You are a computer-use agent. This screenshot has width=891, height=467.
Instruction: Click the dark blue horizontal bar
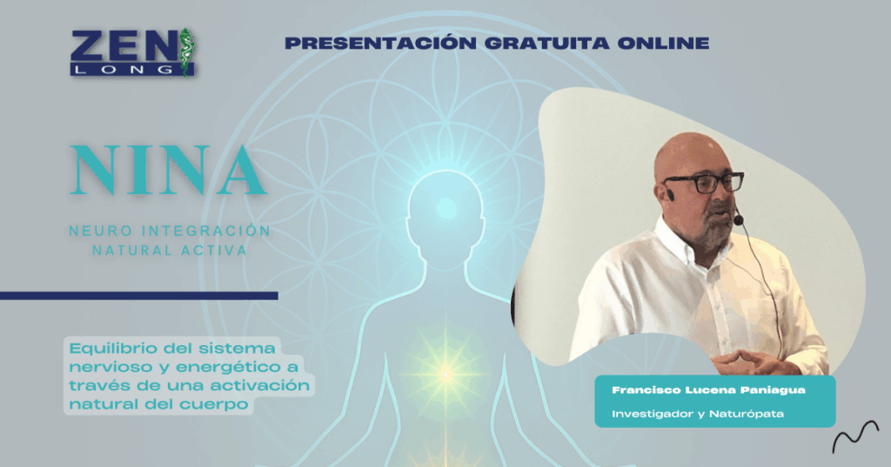pos(138,295)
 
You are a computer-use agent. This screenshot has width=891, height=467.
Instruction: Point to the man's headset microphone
pos(738,220)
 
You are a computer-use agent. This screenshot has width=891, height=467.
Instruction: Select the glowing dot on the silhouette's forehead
pos(445,206)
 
